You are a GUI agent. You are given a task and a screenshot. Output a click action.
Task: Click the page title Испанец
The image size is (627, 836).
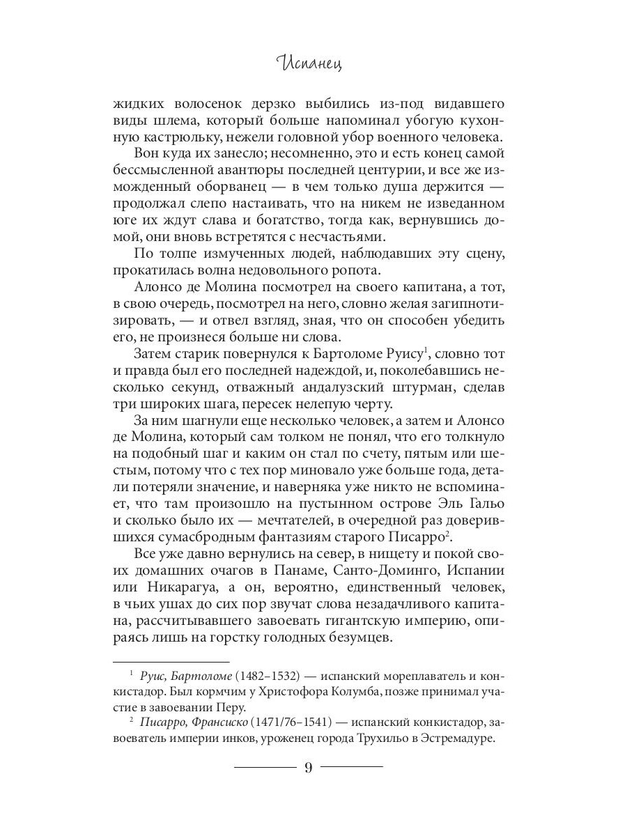point(313,65)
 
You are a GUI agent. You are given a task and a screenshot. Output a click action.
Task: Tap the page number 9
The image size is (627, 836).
point(309,768)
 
